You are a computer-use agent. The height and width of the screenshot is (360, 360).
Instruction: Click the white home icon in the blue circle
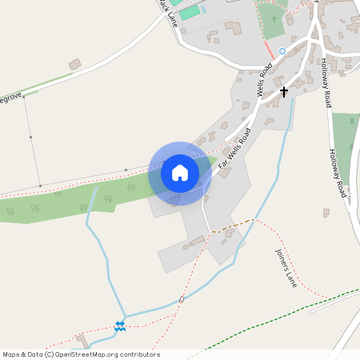click(x=180, y=173)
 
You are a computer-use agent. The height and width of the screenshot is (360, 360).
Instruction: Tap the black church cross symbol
click(x=283, y=92)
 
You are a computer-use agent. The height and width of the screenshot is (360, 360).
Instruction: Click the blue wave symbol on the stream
click(x=120, y=325)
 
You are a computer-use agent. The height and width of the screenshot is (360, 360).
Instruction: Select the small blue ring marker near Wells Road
click(x=282, y=50)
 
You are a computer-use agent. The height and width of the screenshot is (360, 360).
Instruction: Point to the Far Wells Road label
click(x=236, y=149)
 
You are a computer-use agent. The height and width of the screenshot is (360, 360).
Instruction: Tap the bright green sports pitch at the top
click(x=189, y=12)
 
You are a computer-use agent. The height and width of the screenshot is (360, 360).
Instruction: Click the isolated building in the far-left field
click(x=74, y=63)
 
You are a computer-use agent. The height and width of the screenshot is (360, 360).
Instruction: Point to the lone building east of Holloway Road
click(x=326, y=213)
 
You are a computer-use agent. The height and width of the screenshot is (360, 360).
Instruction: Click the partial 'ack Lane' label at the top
click(x=167, y=12)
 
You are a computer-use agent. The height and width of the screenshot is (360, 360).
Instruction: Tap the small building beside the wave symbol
click(x=81, y=339)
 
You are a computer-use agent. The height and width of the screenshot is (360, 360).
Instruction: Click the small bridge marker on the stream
click(x=182, y=299)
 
